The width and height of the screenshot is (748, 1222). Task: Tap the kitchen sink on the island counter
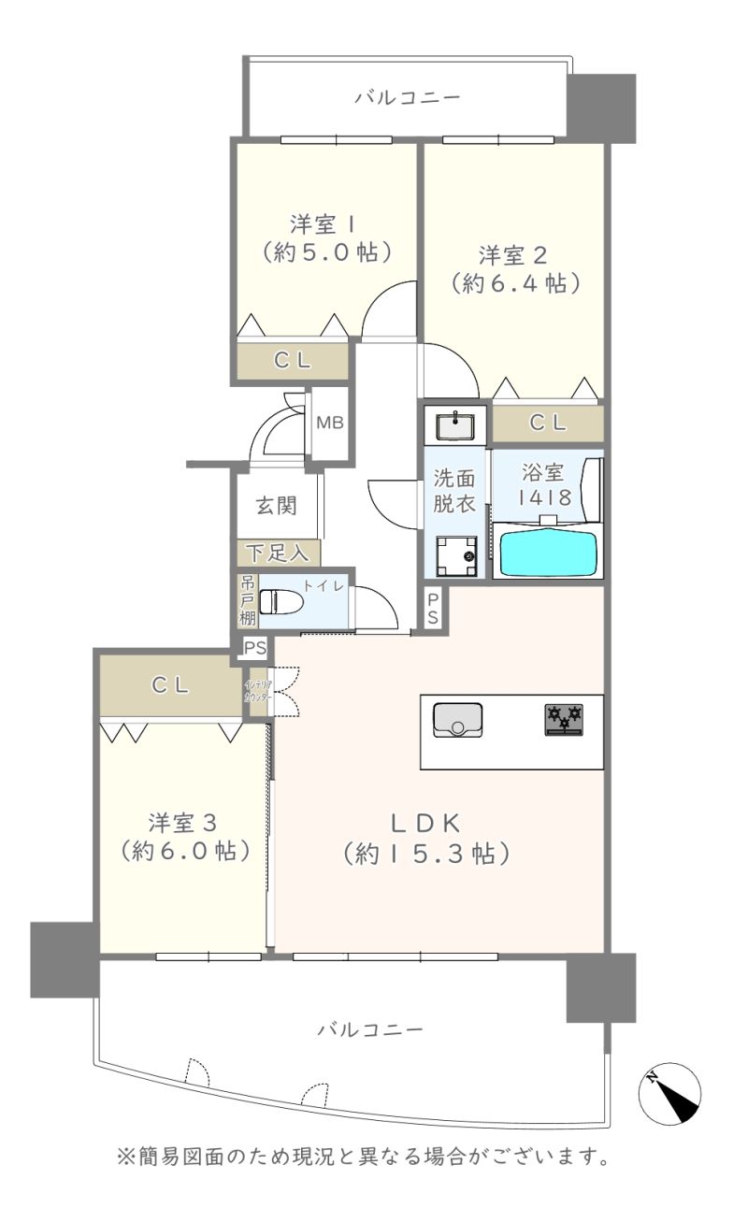458,720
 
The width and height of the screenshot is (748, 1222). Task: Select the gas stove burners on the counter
564,720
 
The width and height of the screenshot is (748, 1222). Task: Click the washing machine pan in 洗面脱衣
456,556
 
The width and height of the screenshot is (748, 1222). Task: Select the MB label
330,422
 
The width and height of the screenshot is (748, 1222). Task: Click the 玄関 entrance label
277,506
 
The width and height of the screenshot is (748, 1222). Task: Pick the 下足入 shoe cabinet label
278,553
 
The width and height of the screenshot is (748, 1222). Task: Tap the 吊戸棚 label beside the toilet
247,600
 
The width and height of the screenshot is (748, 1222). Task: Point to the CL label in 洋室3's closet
170,685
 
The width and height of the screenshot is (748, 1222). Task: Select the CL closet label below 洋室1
293,360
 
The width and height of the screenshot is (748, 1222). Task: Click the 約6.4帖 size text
515,283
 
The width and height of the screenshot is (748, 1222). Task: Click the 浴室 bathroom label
542,472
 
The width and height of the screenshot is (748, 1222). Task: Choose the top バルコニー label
408,97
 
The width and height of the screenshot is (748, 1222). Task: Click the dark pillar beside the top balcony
601,108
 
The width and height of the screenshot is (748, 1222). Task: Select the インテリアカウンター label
258,691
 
